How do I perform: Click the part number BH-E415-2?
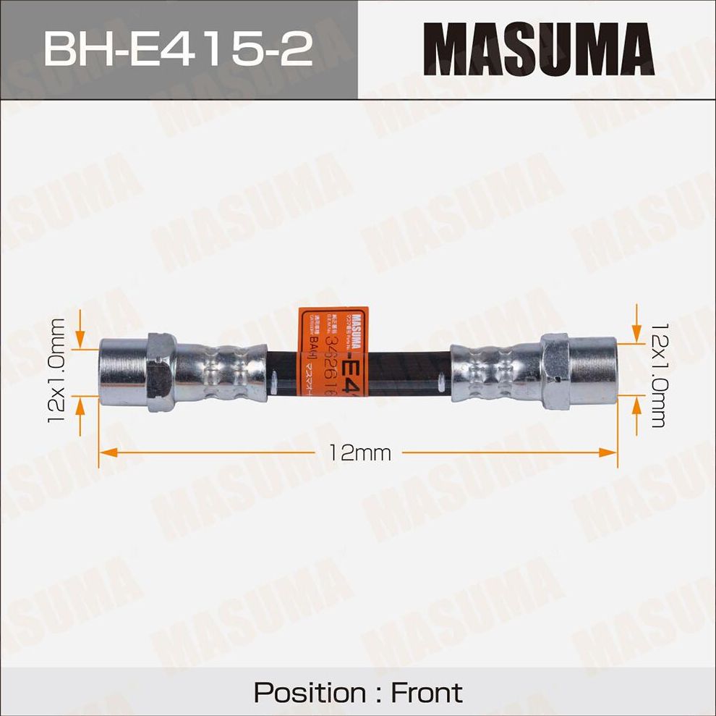178,50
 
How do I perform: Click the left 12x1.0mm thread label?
58,370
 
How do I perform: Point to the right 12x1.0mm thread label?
657,375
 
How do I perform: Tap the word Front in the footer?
426,692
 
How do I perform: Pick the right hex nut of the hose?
555,359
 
